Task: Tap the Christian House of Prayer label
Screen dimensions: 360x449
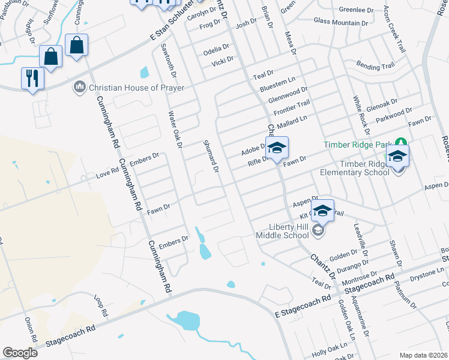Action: pos(123,88)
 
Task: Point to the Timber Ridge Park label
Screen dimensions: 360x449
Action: pos(357,144)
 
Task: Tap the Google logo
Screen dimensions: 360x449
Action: pos(20,353)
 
